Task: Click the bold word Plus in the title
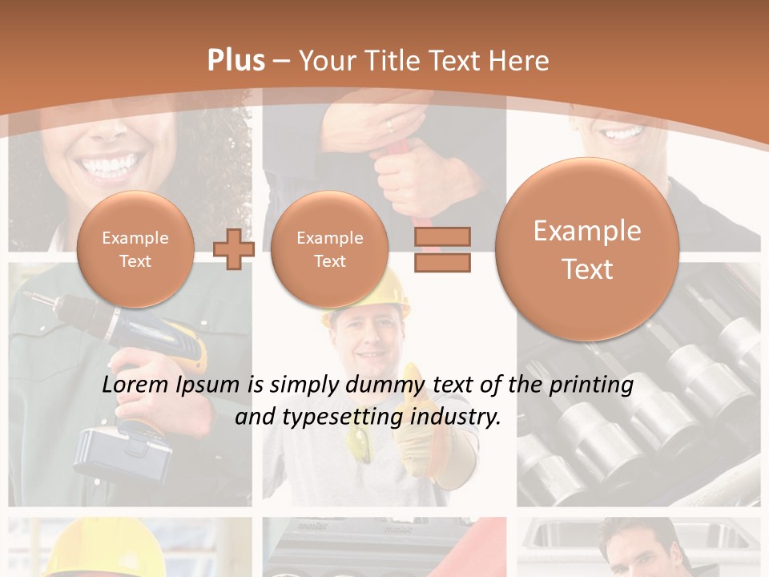coord(235,61)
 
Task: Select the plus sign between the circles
coord(234,249)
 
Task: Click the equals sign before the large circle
coord(442,249)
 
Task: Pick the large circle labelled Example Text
coord(587,249)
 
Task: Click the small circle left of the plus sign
coord(135,249)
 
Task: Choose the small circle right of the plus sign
coord(329,249)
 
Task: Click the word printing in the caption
coord(591,385)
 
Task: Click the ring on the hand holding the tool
coord(390,125)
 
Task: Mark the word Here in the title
coord(520,61)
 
